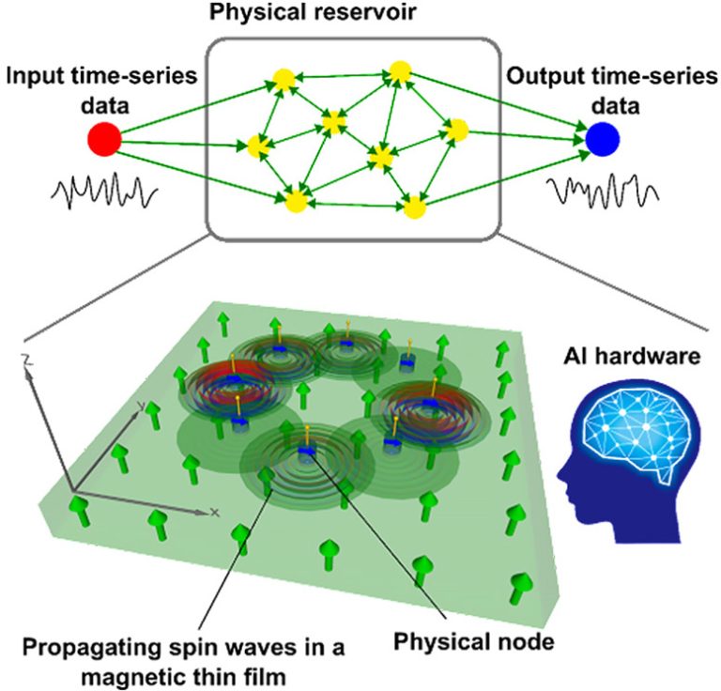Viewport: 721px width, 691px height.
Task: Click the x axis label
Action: (x=214, y=513)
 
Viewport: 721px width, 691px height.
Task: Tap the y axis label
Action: (x=140, y=405)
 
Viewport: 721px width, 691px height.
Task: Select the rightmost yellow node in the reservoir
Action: (x=457, y=130)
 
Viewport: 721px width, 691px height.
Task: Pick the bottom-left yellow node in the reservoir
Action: (x=294, y=201)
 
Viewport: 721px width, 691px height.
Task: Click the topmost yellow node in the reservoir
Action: (x=400, y=71)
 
